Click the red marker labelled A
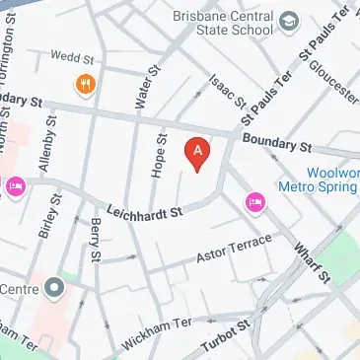click(198, 153)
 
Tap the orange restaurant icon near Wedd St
click(85, 85)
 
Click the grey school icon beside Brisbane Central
click(290, 21)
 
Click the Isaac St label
click(226, 93)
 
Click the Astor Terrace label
click(229, 246)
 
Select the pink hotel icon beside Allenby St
click(15, 186)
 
